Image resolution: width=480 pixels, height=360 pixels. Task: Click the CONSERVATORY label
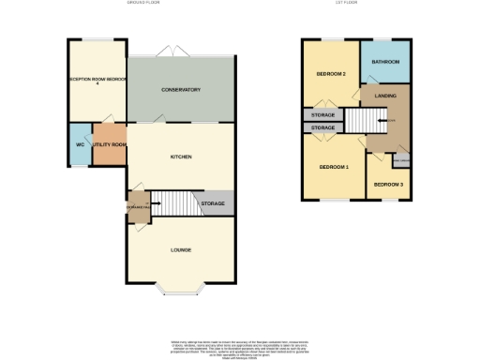click(x=181, y=90)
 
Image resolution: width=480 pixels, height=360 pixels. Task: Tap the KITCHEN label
click(x=181, y=157)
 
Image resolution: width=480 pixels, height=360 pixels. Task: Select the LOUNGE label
click(x=181, y=249)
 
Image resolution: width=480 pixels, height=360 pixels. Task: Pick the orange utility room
click(x=110, y=144)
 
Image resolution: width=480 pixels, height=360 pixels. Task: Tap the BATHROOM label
click(x=385, y=62)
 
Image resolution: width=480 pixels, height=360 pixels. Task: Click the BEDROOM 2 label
click(x=331, y=74)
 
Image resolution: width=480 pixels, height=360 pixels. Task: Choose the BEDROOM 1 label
click(x=333, y=167)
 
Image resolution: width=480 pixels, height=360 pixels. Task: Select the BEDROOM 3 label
click(x=388, y=185)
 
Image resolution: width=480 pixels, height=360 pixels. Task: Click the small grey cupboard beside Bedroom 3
click(x=400, y=162)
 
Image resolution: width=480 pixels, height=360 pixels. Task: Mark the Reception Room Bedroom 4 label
click(x=97, y=81)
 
